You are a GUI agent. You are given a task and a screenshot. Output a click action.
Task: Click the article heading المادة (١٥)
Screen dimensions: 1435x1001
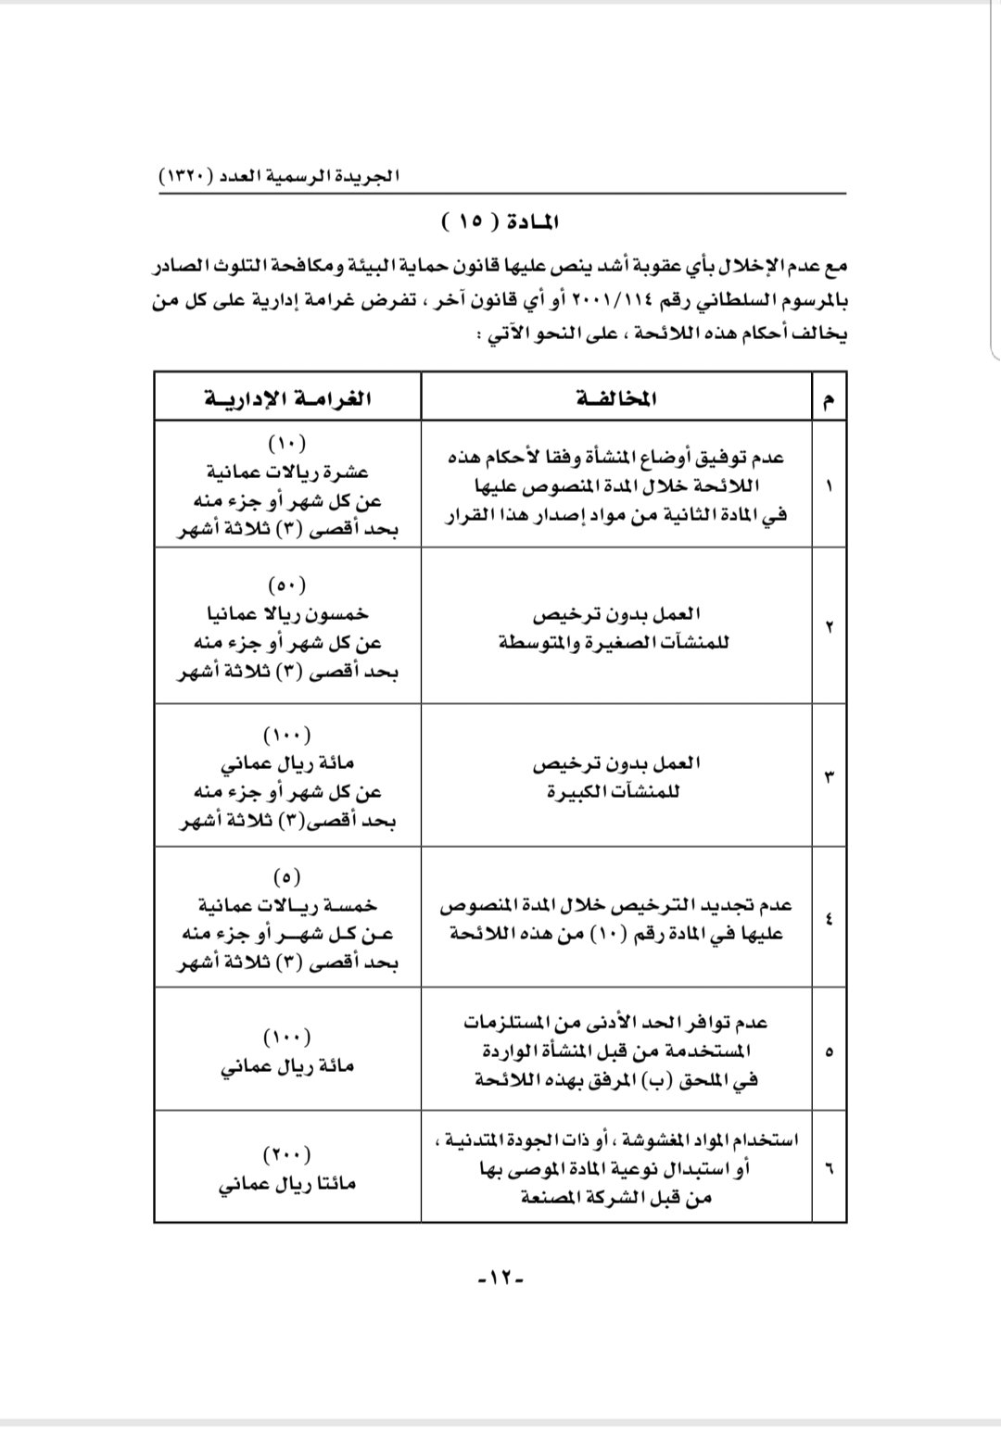pos(500,222)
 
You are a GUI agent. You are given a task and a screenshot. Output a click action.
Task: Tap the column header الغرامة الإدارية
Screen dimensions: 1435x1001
pos(287,398)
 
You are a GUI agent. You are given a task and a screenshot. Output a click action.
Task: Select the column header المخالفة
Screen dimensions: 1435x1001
pos(615,398)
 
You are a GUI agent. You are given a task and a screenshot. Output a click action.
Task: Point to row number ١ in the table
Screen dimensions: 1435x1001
pos(828,485)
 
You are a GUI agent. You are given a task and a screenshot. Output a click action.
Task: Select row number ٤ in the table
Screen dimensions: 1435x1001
pos(828,919)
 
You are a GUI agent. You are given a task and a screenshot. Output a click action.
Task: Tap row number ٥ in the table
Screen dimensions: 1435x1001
pos(828,1051)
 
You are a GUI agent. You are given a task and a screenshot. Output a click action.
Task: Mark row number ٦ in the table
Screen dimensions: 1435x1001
pos(828,1167)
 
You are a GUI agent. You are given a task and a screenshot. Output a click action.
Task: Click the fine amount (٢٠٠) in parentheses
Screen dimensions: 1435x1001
pos(287,1154)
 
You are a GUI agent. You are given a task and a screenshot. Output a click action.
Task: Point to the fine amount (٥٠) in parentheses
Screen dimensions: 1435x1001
pos(287,585)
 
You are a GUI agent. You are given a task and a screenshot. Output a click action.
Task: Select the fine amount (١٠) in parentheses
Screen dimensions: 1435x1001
pos(287,442)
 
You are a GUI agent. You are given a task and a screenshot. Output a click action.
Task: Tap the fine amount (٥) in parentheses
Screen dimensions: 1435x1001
pos(287,875)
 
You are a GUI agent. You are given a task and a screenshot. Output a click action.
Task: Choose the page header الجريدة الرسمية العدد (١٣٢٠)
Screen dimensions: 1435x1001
pos(278,175)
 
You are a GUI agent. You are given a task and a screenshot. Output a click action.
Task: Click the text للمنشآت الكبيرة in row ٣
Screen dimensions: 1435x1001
pos(615,792)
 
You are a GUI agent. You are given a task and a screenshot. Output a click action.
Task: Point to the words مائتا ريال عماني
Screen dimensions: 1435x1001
pos(287,1184)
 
